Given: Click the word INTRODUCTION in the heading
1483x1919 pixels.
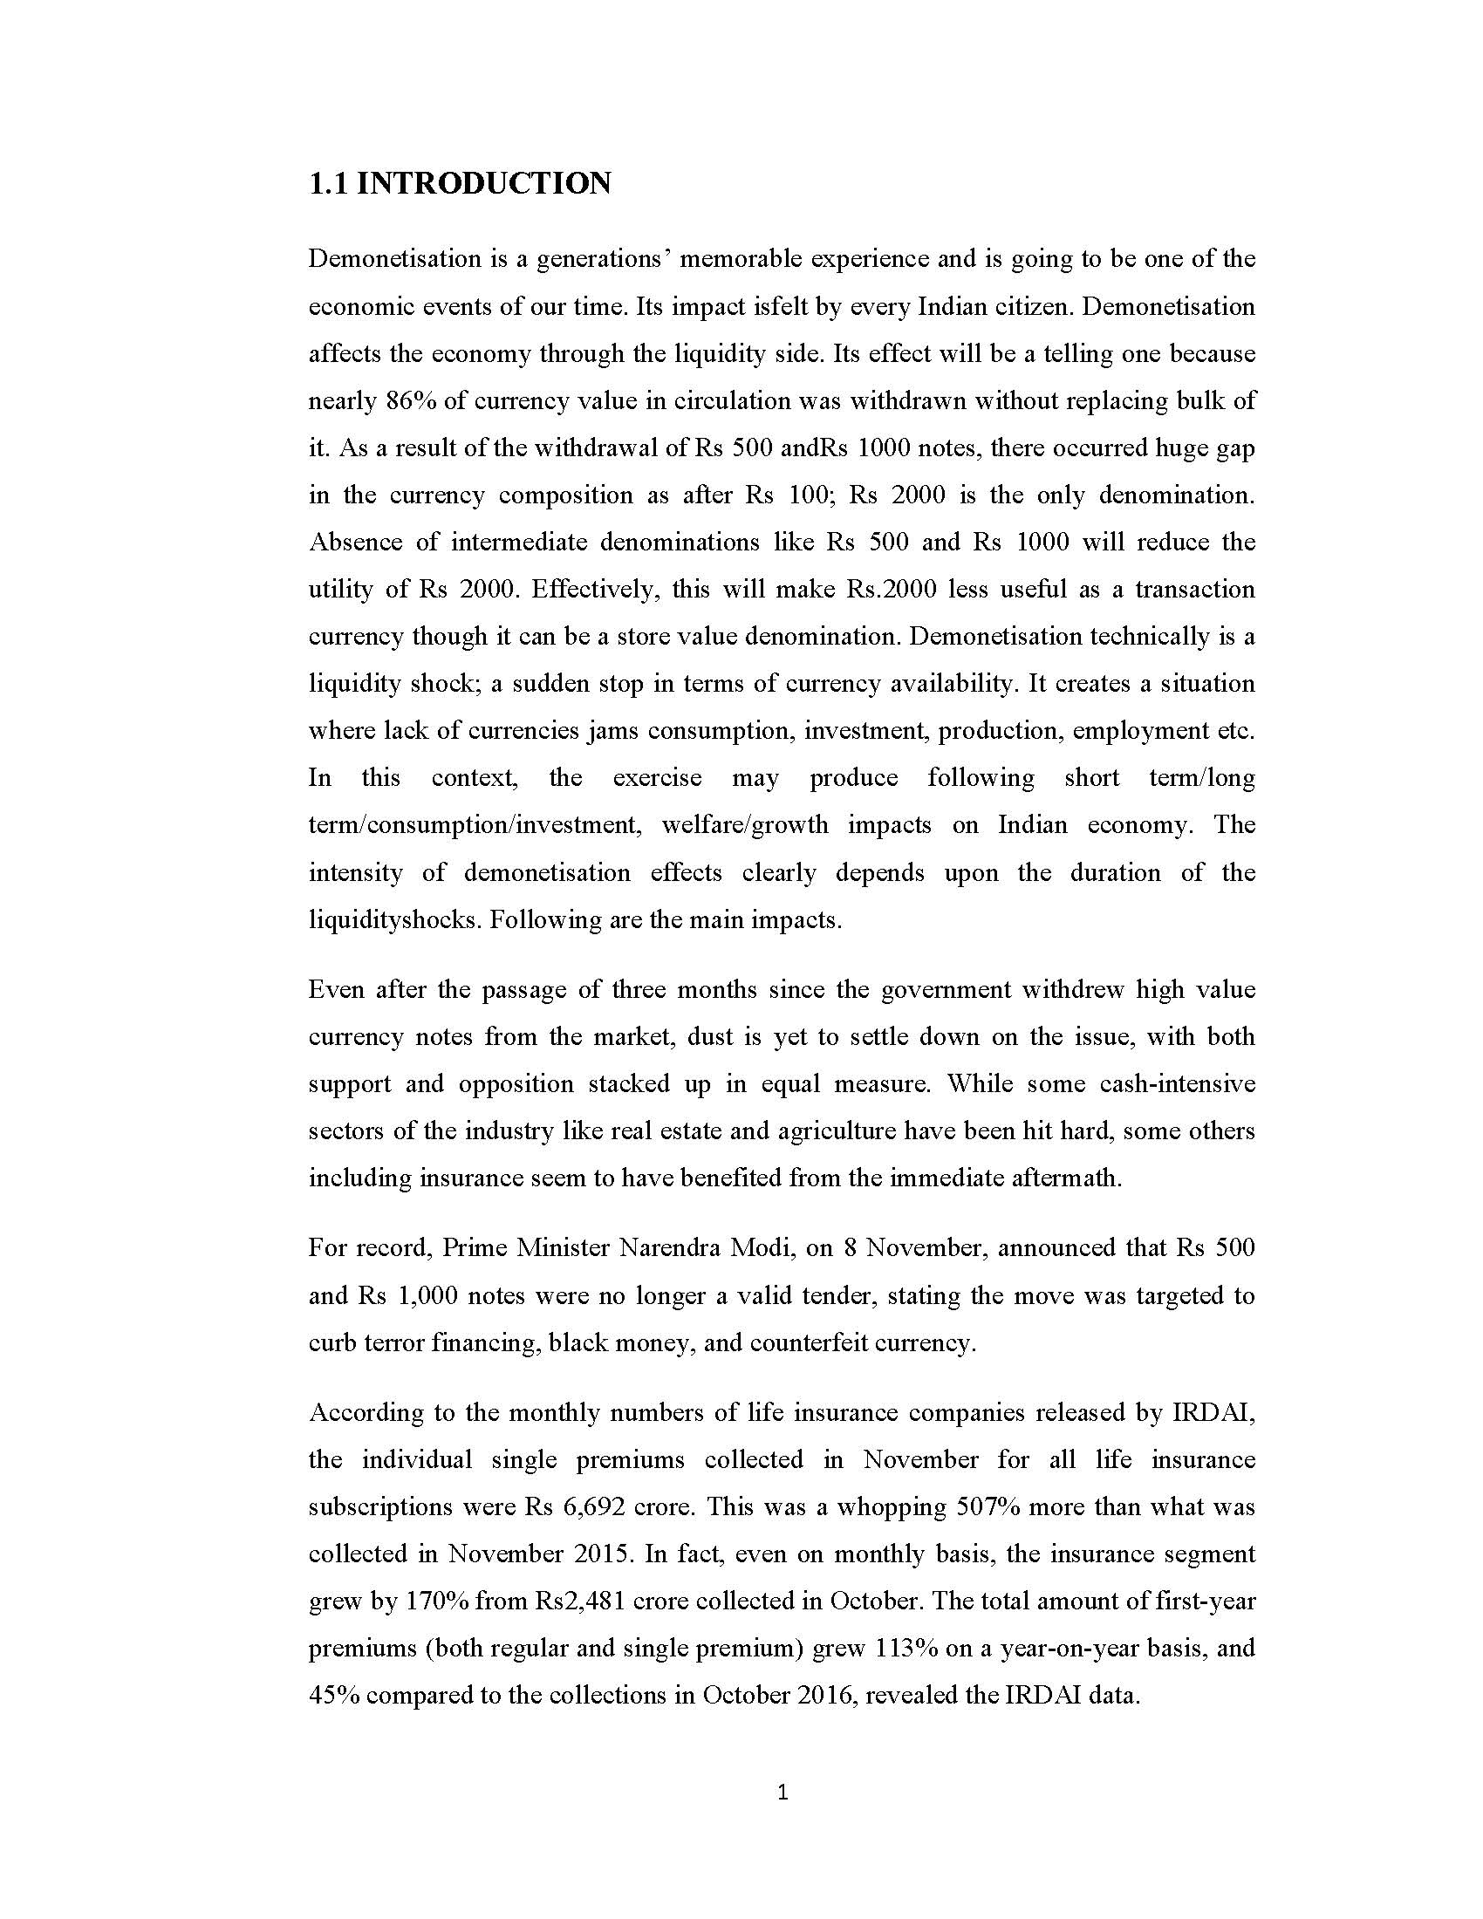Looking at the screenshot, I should pyautogui.click(x=484, y=184).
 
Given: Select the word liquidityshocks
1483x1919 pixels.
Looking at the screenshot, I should pyautogui.click(x=395, y=920).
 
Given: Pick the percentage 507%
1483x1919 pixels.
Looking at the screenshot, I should pyautogui.click(x=974, y=1508).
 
